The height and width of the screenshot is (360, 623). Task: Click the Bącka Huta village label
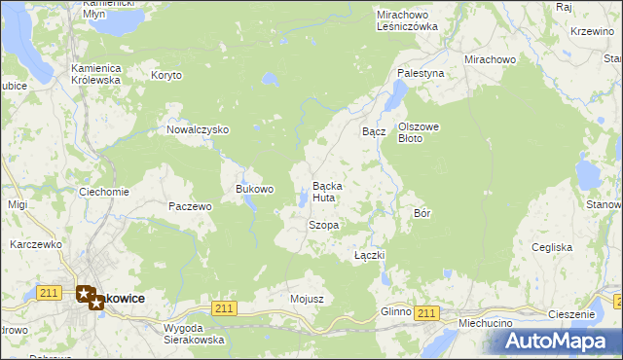(324, 192)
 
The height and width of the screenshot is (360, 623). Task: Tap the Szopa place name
(323, 225)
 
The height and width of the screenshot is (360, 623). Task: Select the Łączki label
(370, 255)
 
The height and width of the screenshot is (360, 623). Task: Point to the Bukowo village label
(255, 189)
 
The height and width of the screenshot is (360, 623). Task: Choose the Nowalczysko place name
(197, 129)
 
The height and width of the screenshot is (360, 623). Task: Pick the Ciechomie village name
(104, 192)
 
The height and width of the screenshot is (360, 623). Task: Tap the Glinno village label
(396, 311)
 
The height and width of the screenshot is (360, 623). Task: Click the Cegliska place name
(552, 247)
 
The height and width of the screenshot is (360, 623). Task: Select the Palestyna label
(421, 73)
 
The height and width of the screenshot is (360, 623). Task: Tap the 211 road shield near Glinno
(424, 312)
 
